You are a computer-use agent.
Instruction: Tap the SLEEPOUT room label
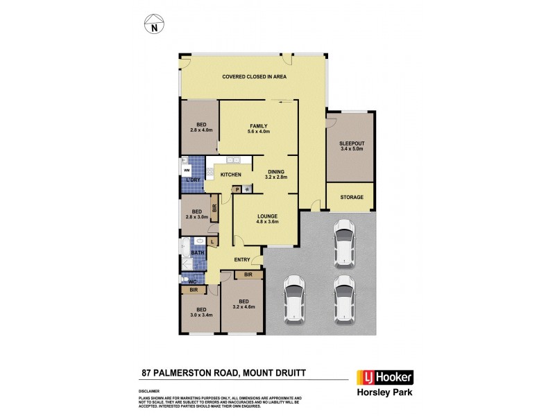point(352,146)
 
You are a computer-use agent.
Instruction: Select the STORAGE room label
point(352,198)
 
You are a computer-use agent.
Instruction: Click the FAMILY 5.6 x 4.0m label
point(259,128)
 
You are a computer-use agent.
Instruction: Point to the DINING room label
point(275,173)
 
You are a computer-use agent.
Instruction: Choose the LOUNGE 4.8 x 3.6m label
point(268,218)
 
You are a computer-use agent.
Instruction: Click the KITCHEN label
point(231,175)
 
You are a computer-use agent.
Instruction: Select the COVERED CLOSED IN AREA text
point(255,77)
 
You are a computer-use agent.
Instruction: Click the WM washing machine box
point(186,169)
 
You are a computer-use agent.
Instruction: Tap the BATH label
point(198,253)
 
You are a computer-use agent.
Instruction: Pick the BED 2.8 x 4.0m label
point(200,127)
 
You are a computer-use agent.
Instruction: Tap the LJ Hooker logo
point(384,378)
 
